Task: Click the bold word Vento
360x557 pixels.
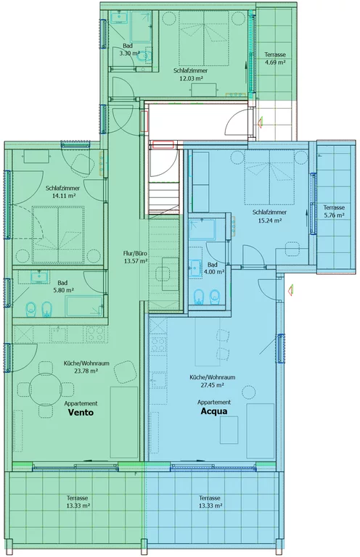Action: pos(81,413)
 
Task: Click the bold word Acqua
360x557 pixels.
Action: pos(214,411)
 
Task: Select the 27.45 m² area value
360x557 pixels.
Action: pos(212,385)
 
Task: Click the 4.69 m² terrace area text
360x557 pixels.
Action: pos(275,62)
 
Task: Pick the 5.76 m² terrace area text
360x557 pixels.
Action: pos(334,215)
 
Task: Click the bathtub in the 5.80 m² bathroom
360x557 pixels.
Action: pos(84,306)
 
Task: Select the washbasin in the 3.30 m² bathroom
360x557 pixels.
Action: pos(119,17)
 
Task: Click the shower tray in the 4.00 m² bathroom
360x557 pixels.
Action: pos(202,228)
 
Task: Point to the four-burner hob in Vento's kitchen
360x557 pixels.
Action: pos(95,334)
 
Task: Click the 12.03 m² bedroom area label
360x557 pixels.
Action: pos(191,78)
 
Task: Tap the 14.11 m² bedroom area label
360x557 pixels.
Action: pos(62,195)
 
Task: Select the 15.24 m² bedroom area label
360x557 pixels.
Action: pos(269,220)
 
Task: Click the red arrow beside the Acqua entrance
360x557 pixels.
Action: pos(291,290)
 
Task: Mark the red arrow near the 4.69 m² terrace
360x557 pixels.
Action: pos(261,123)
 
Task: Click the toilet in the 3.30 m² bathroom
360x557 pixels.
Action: pos(144,56)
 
